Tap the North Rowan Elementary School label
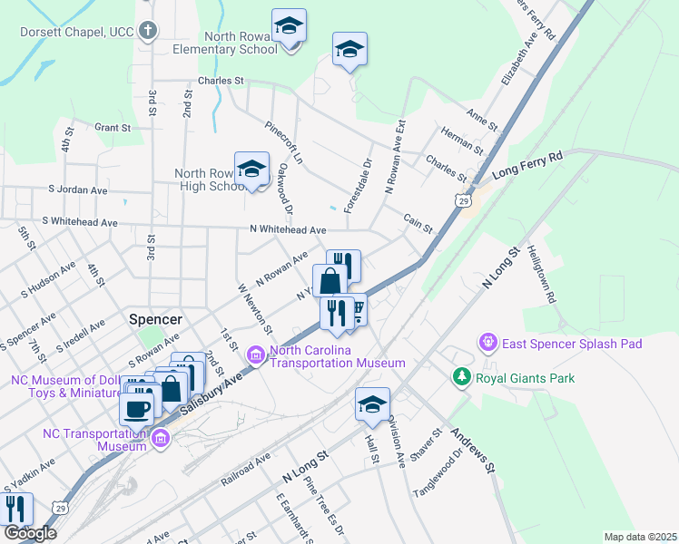[x=241, y=43]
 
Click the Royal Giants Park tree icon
[x=463, y=377]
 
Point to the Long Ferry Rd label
[x=527, y=166]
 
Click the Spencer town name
[x=156, y=319]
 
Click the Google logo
[x=29, y=532]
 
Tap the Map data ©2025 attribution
[x=640, y=537]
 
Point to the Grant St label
[x=113, y=128]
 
